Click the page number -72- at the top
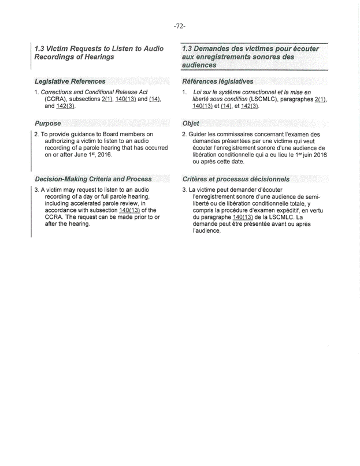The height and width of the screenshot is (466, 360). click(x=180, y=26)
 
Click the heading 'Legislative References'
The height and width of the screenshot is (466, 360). click(x=70, y=81)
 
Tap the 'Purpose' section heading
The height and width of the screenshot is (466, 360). click(x=48, y=123)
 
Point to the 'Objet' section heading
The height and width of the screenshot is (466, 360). click(x=190, y=123)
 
